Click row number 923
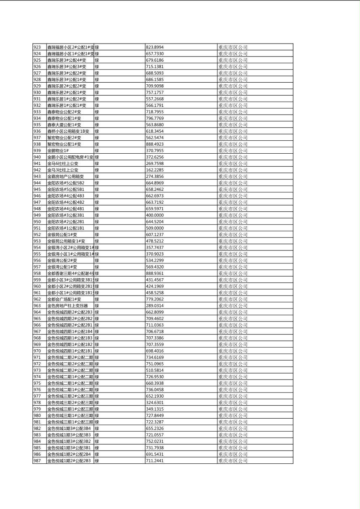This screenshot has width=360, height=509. click(37, 47)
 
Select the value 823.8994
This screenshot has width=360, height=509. click(155, 47)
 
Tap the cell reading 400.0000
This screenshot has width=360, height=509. click(155, 215)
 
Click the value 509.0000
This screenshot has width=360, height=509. click(155, 228)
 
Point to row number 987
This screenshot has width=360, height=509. click(37, 461)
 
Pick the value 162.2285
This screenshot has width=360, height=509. click(155, 170)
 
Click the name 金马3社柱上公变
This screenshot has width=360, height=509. click(63, 170)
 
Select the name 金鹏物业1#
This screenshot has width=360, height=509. click(58, 151)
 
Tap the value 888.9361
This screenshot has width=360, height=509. click(155, 273)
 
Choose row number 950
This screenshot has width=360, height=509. click(37, 222)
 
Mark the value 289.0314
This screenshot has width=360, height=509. click(155, 306)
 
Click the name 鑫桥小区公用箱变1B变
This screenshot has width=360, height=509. click(68, 131)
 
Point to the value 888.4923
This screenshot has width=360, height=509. click(155, 144)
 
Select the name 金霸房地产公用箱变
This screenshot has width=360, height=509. click(65, 177)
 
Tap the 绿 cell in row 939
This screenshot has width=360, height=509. click(97, 151)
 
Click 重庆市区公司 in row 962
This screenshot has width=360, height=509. click(233, 299)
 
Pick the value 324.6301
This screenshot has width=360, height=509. click(155, 403)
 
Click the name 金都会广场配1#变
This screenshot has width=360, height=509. click(64, 299)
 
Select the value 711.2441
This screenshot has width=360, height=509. click(155, 461)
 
